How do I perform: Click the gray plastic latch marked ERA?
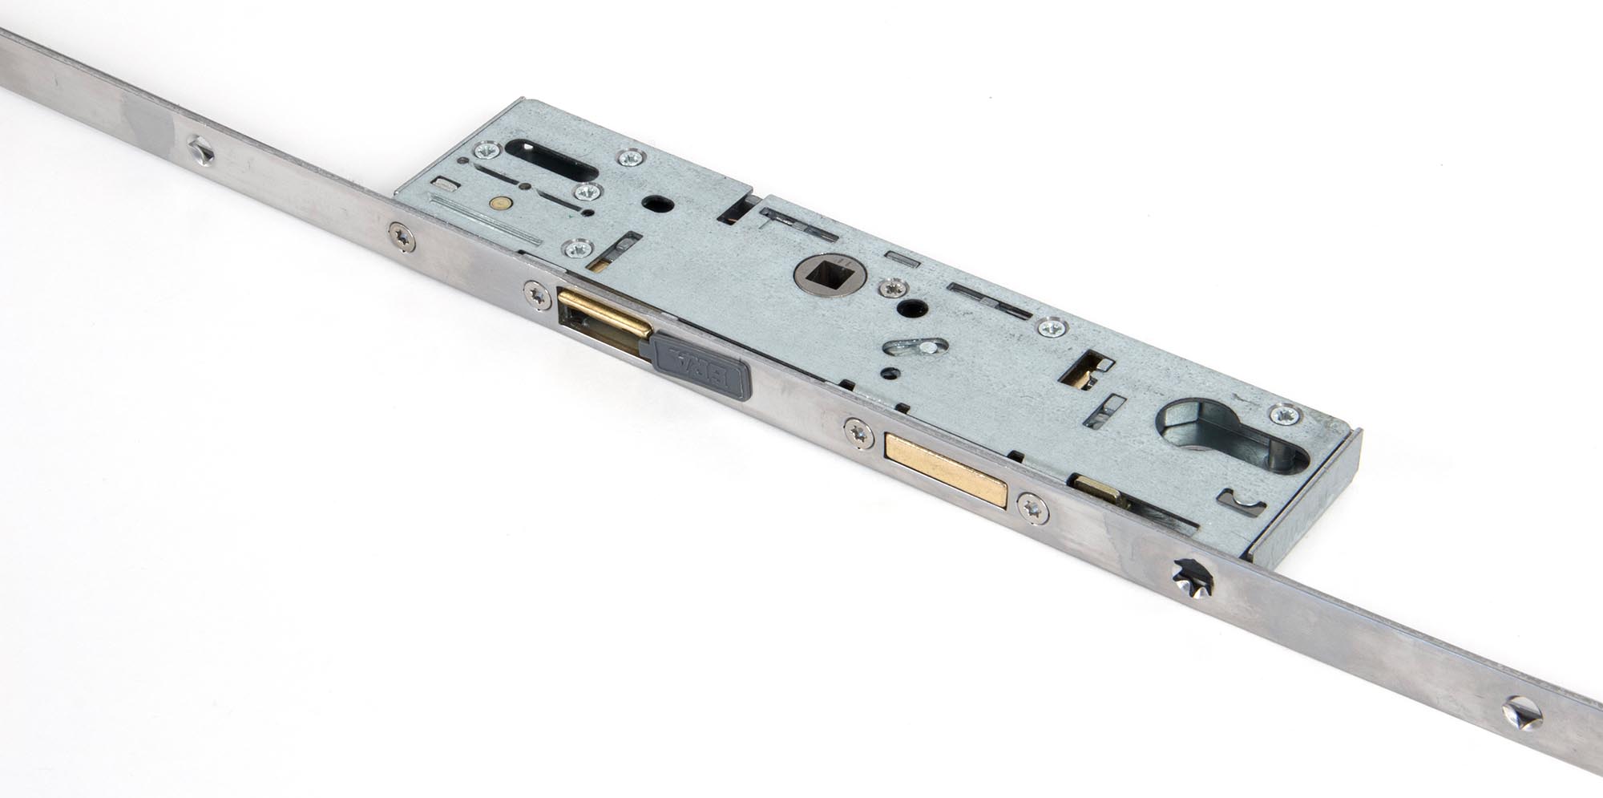click(x=701, y=367)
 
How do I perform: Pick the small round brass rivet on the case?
click(x=503, y=204)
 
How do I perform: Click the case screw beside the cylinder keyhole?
click(x=1286, y=415)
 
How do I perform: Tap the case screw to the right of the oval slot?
click(x=630, y=157)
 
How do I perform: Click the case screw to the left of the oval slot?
click(x=484, y=151)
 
